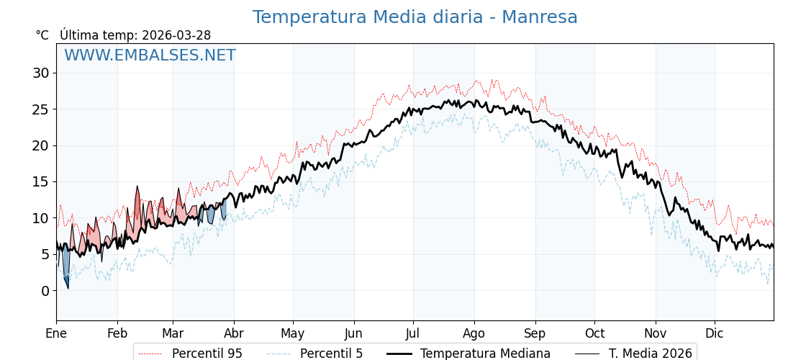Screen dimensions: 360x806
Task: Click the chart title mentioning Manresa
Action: tap(415, 17)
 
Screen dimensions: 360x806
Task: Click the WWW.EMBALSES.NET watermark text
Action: tap(150, 55)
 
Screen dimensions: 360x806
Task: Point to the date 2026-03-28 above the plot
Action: tap(176, 35)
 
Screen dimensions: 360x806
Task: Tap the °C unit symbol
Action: tap(42, 35)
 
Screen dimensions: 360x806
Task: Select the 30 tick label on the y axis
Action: tap(40, 73)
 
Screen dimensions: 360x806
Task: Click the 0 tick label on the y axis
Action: tap(45, 291)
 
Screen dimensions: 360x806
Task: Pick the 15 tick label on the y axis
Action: tap(40, 182)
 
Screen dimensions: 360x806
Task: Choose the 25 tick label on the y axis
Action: tap(40, 109)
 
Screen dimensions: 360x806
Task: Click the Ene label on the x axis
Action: tap(56, 333)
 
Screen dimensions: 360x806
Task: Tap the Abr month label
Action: tap(234, 333)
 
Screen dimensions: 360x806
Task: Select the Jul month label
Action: tap(413, 333)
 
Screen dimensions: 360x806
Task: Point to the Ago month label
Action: tap(474, 333)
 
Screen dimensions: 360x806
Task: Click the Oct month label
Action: tap(594, 333)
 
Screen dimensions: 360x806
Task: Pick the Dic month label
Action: tap(715, 333)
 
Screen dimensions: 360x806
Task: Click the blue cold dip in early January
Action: tap(66, 268)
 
